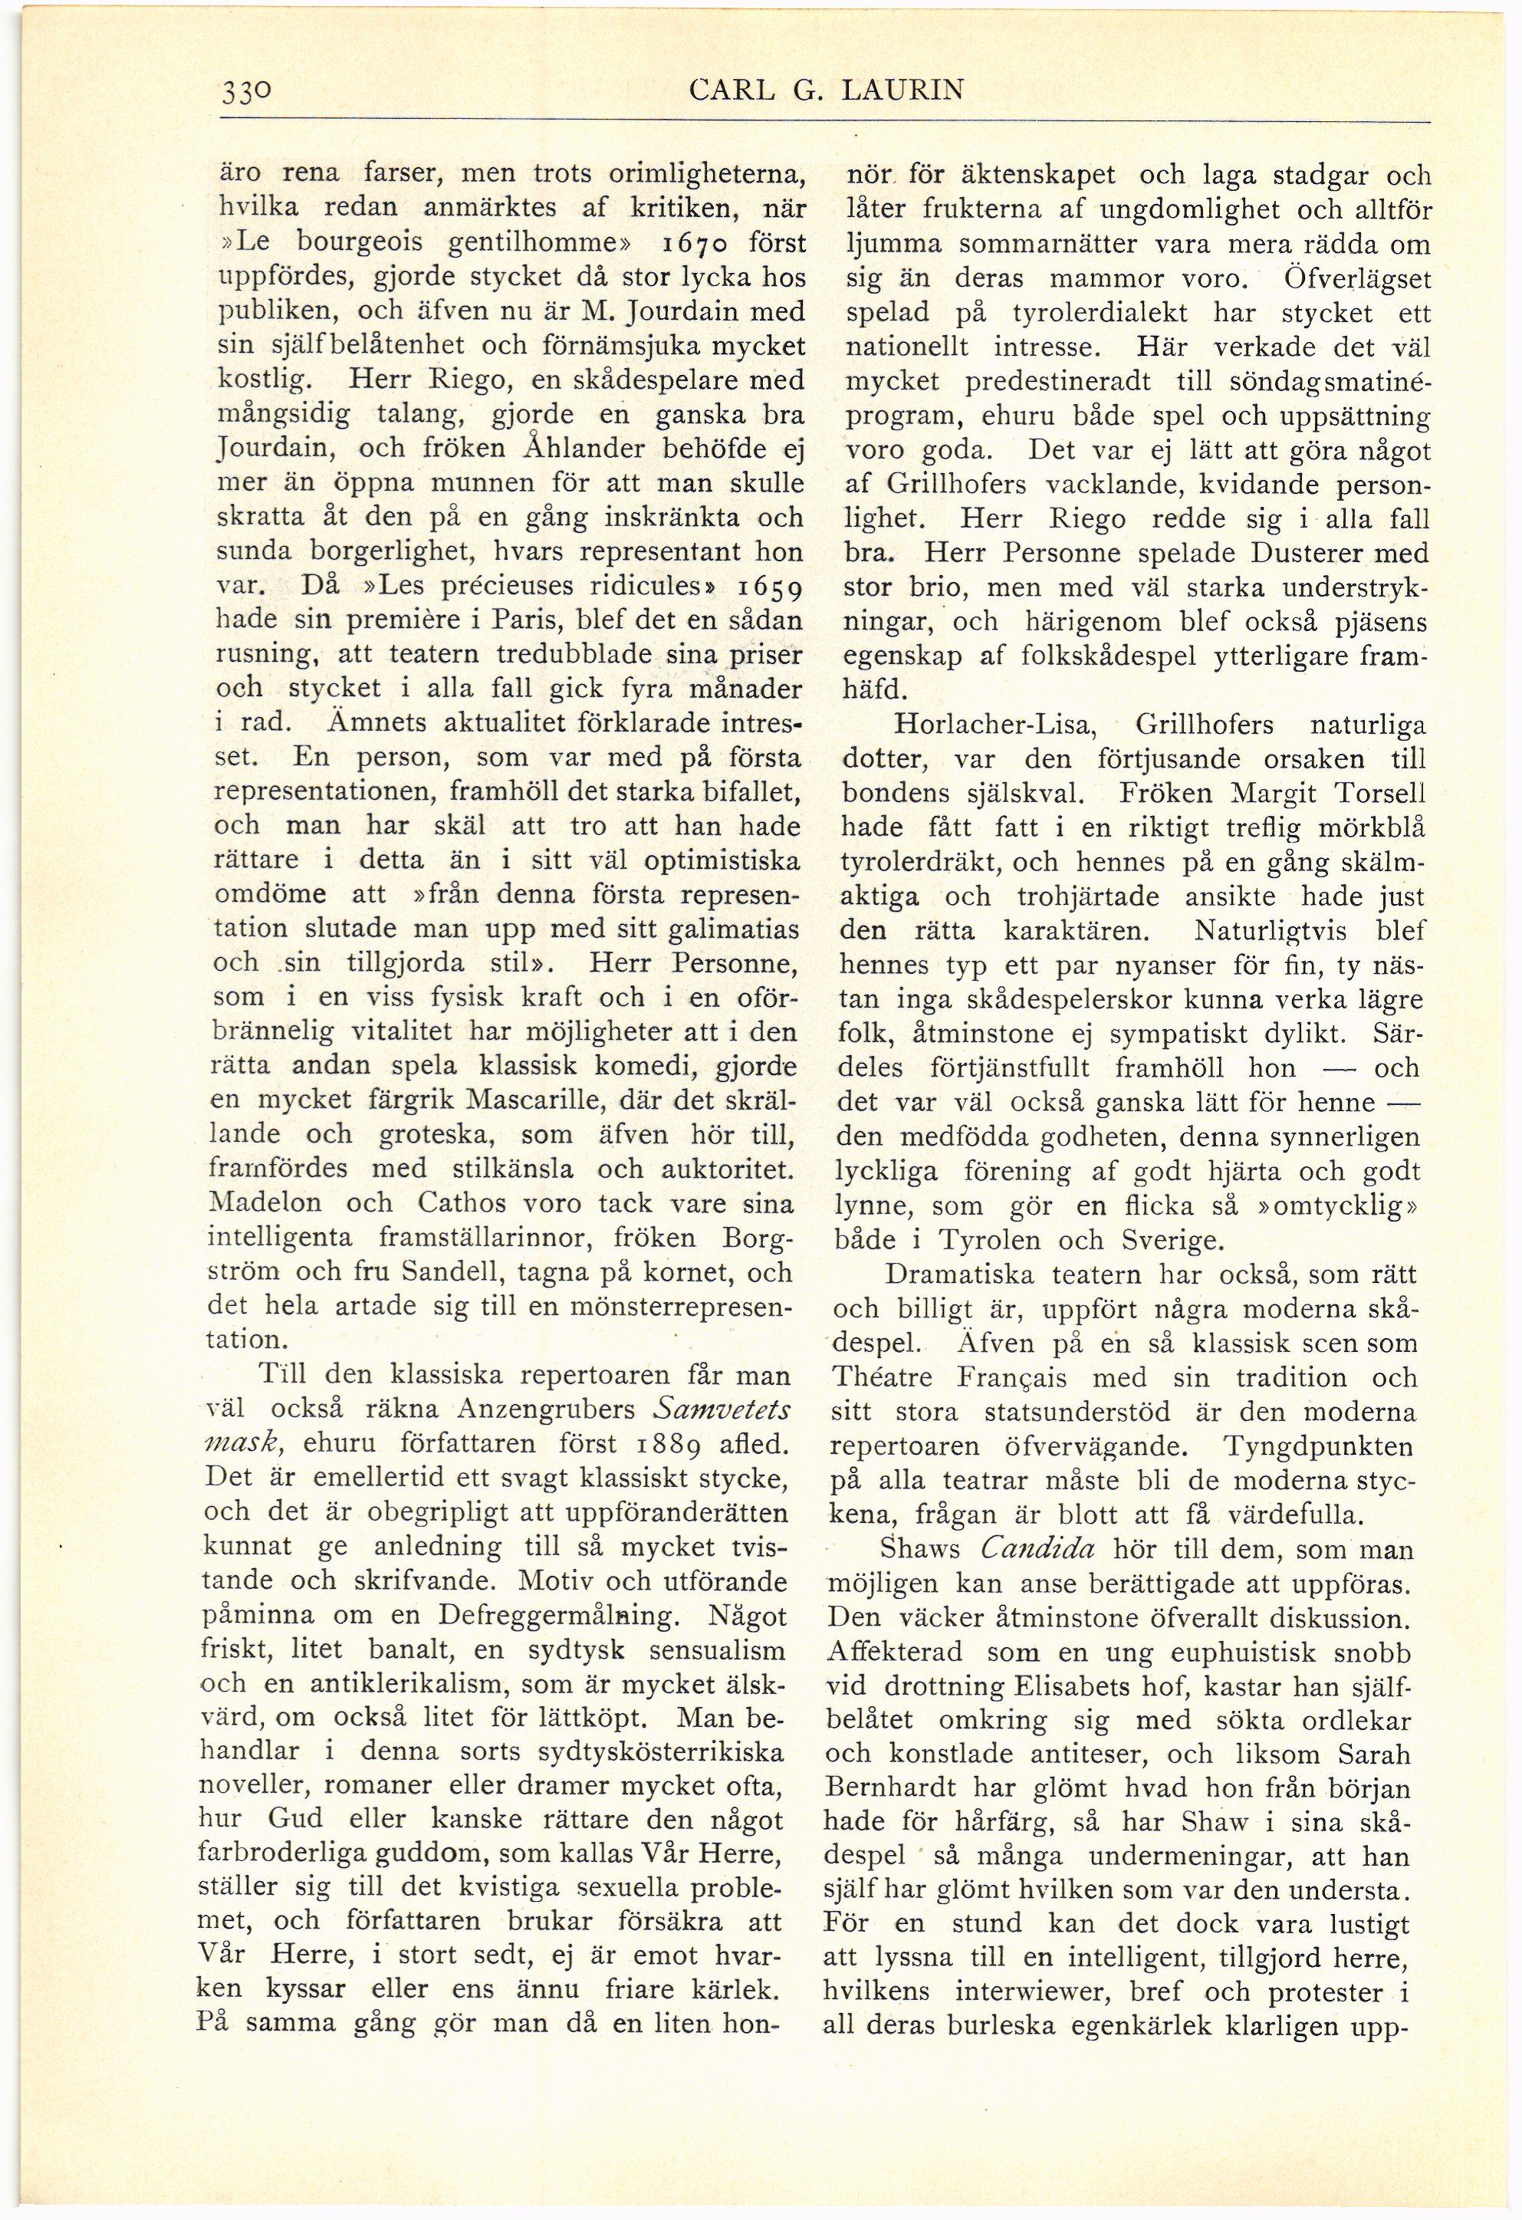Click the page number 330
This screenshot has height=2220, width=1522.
(248, 93)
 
